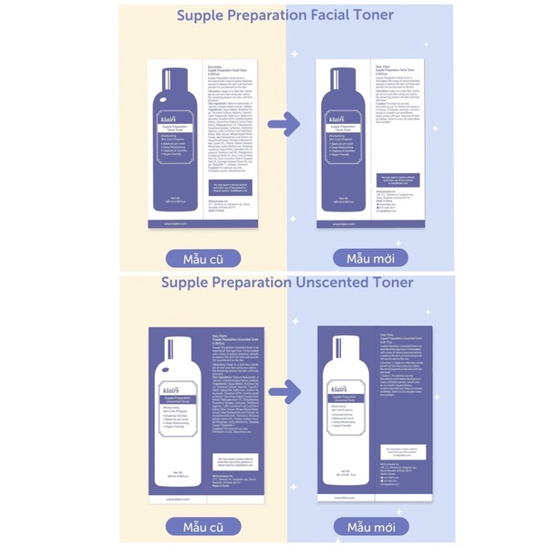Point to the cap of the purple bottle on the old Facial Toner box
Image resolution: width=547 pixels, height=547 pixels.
[171, 70]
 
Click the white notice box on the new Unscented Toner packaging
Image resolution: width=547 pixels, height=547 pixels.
[404, 452]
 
